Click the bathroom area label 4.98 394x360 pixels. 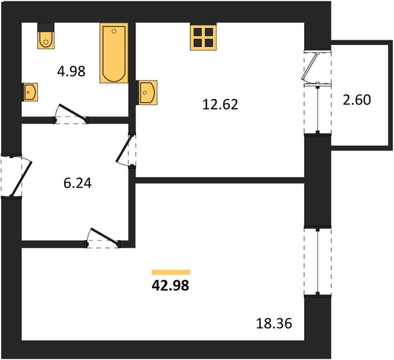(71, 71)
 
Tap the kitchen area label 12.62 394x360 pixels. (220, 104)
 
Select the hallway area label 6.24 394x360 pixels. (77, 183)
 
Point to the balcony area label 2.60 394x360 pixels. (357, 100)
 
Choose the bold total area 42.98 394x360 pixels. (170, 286)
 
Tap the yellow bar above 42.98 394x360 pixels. (171, 272)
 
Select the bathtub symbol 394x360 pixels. (114, 53)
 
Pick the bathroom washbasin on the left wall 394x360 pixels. (30, 92)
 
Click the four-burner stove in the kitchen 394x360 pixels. (203, 37)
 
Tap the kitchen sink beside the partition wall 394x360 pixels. (147, 92)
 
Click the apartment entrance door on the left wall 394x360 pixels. (16, 176)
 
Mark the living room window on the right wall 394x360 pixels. (318, 262)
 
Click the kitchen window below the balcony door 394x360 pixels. (318, 109)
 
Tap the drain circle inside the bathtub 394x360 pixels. (114, 31)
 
